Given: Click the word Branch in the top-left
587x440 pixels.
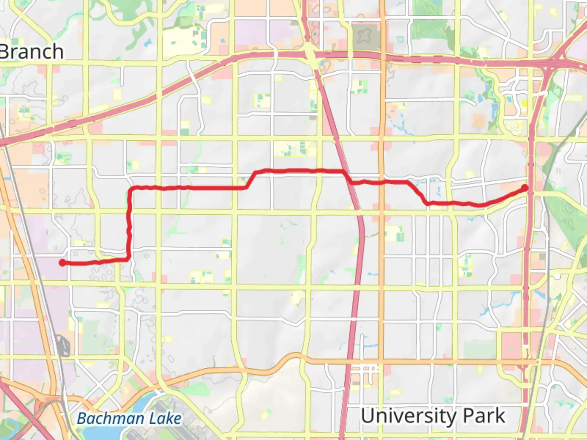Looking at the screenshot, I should pos(32,52).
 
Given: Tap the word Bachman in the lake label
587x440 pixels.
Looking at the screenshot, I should pos(110,418).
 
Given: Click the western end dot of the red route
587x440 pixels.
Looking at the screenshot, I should pos(62,263).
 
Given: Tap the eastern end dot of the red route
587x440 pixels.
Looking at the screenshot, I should pos(525,188).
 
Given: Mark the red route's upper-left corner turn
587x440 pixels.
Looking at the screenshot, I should pos(131,189).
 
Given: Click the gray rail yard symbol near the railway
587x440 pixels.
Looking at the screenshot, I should pos(64,345).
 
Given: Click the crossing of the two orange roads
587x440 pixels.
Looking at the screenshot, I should pos(382,360).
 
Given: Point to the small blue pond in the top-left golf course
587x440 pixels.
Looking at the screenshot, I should pos(148,42).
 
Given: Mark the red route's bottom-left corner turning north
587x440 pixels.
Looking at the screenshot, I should pos(129,258).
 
